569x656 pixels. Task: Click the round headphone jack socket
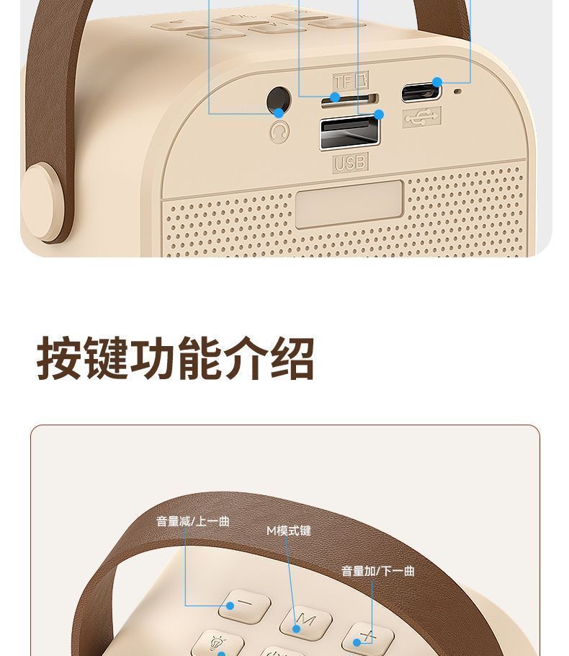(x=279, y=101)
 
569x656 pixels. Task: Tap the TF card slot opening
(x=349, y=100)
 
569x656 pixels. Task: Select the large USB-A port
(x=350, y=133)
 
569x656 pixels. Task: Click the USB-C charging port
(x=421, y=92)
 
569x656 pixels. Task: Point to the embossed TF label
(x=351, y=81)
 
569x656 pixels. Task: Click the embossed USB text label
(x=350, y=162)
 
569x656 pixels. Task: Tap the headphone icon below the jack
(x=279, y=131)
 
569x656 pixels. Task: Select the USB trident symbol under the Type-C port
(x=422, y=117)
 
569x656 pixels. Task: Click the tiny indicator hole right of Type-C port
(x=458, y=91)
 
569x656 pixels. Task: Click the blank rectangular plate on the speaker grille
(x=349, y=205)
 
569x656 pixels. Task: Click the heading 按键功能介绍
(x=175, y=358)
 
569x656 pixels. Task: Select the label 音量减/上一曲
(x=193, y=521)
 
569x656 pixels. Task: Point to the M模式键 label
(x=289, y=531)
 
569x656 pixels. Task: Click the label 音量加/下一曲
(x=378, y=571)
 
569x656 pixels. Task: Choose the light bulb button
(x=218, y=642)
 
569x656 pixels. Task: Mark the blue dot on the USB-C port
(x=437, y=82)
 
